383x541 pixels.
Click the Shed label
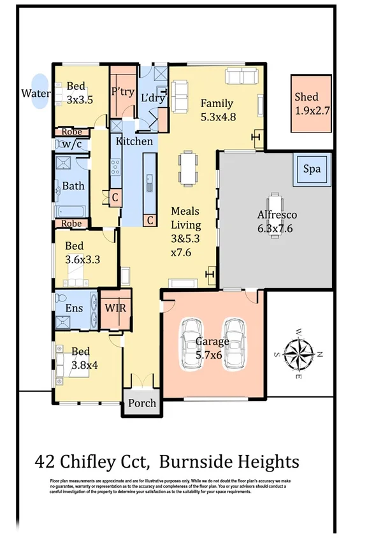click(x=307, y=97)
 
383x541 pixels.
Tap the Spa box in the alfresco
click(x=312, y=170)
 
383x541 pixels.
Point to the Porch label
click(x=141, y=403)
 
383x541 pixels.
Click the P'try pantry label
click(x=122, y=92)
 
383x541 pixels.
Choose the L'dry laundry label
click(x=153, y=97)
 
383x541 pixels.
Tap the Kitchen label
click(x=134, y=141)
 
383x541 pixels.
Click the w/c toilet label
click(x=71, y=144)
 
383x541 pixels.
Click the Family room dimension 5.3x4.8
click(x=218, y=117)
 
